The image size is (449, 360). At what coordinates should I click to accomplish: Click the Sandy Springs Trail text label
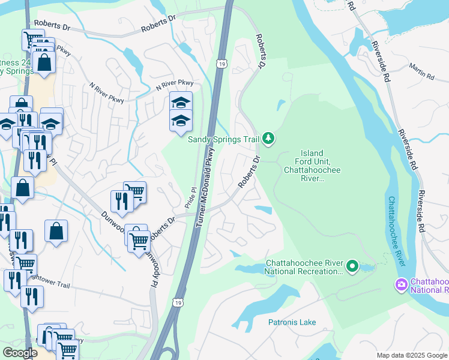point(223,139)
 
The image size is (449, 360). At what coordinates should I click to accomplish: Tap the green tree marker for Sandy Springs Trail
point(268,139)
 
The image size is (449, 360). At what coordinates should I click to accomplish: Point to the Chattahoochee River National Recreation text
point(304,267)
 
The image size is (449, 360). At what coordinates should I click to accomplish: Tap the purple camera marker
point(401,284)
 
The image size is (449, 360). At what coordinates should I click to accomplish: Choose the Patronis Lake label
point(292,322)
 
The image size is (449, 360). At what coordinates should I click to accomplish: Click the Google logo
point(20,353)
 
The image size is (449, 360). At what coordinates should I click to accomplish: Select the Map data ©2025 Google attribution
point(411,355)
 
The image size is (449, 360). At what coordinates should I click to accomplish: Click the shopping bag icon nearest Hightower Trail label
point(56,230)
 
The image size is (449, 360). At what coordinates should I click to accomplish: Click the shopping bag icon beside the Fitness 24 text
point(44,62)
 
